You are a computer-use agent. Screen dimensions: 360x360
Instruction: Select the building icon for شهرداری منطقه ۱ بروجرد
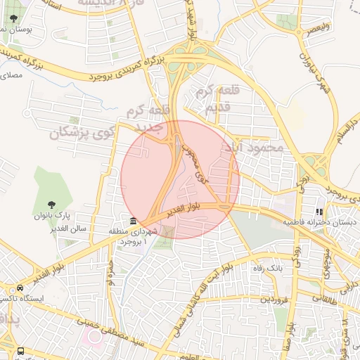coord(133,220)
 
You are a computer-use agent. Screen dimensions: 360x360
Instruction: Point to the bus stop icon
coord(20,349)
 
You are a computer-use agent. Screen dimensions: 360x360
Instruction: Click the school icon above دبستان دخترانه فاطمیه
coord(319,211)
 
